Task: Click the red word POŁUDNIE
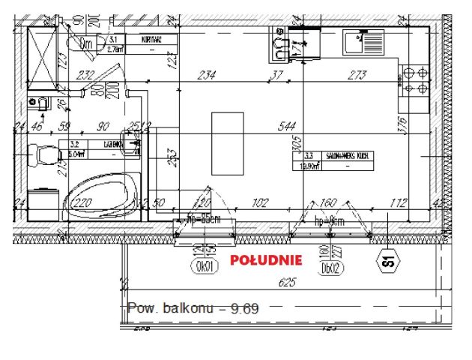pos(266,261)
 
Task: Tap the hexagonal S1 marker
pos(388,262)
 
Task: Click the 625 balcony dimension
pos(286,283)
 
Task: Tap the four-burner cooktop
pos(414,82)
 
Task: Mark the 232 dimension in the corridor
pos(85,75)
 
